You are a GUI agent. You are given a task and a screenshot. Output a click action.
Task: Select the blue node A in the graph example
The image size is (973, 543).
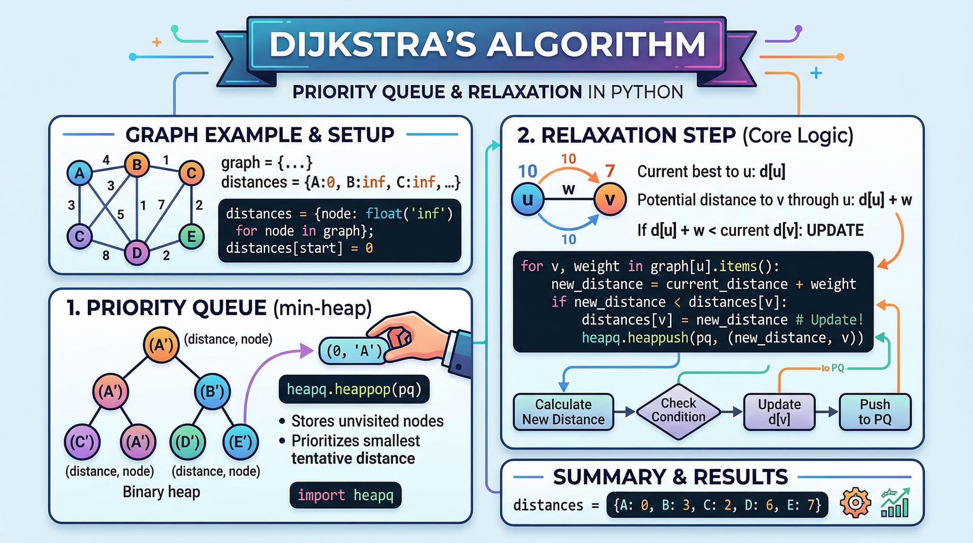tap(80, 173)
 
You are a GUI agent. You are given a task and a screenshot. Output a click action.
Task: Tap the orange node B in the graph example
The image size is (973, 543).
tap(137, 165)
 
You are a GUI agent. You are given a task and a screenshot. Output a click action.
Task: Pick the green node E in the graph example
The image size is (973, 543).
tap(191, 236)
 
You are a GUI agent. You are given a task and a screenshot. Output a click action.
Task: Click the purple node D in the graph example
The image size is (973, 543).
tap(137, 253)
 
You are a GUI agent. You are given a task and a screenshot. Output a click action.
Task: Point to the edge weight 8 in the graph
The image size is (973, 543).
tap(106, 255)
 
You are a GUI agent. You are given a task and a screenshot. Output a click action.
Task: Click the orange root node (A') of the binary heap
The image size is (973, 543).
tap(161, 345)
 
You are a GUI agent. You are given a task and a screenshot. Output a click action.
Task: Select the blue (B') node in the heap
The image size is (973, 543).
tap(212, 392)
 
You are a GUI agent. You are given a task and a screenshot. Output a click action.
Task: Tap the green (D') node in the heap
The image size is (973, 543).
tap(187, 442)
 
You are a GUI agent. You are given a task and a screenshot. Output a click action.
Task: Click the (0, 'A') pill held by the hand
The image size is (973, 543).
tap(354, 351)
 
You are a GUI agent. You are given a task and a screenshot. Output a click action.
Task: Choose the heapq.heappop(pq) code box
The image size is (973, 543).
tap(354, 389)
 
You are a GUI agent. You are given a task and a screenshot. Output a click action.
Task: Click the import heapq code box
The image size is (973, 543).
tap(345, 495)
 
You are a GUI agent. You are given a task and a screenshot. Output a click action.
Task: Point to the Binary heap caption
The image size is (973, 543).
tap(161, 492)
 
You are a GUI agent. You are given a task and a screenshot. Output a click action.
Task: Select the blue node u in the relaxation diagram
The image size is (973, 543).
tap(528, 199)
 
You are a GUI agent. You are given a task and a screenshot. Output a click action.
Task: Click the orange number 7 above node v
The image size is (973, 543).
tap(610, 171)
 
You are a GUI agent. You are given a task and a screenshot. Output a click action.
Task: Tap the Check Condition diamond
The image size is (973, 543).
tap(678, 411)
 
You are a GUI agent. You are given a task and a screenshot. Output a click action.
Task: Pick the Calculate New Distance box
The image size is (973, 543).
tap(563, 412)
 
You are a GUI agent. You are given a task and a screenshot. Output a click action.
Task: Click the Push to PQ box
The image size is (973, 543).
tap(875, 412)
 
